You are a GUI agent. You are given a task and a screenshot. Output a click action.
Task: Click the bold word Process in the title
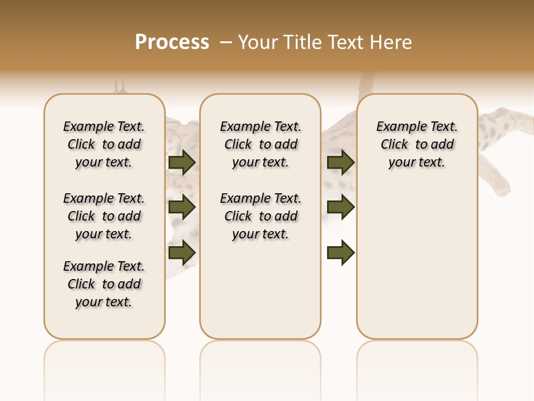(172, 42)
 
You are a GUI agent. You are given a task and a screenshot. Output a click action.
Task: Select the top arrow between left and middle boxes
(182, 162)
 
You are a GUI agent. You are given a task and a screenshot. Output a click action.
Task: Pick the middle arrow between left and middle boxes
(182, 207)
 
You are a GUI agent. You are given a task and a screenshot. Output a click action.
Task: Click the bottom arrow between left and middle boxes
(182, 252)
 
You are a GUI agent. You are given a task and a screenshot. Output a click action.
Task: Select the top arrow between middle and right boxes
(340, 162)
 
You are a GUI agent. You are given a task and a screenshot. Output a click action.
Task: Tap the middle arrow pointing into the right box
(340, 207)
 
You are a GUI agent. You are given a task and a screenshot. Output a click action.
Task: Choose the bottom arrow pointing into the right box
(340, 252)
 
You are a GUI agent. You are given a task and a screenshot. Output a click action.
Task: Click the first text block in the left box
(104, 144)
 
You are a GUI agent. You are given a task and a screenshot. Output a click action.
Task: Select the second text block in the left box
(104, 216)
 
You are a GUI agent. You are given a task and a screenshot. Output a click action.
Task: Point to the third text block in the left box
(104, 284)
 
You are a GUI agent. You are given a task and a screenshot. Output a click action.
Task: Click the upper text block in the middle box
(260, 144)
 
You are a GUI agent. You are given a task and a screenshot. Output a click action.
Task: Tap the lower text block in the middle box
(260, 216)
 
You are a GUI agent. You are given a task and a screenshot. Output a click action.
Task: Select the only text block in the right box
(417, 144)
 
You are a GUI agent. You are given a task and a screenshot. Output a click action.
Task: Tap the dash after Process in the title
(226, 42)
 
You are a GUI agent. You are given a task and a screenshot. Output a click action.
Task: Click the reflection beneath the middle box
(260, 362)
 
